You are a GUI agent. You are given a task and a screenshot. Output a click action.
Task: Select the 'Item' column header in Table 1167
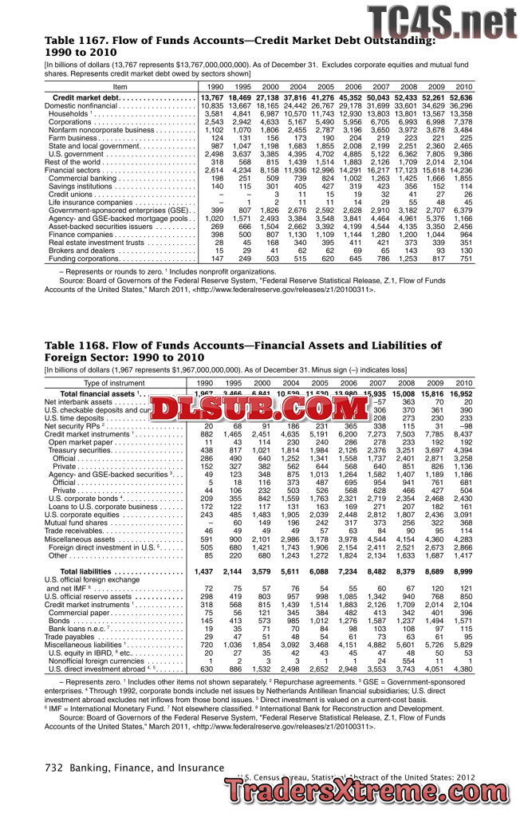pos(120,86)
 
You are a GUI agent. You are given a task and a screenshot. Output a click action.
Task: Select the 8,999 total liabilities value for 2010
pos(463,572)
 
